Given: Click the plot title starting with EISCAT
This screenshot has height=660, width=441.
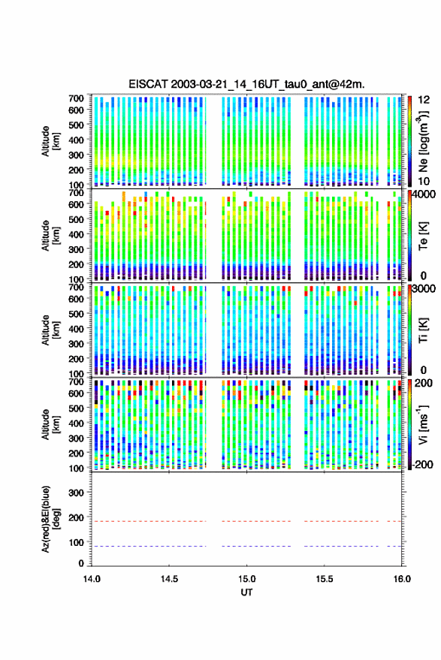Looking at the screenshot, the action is (247, 84).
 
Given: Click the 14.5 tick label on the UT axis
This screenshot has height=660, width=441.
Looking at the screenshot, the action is (169, 579).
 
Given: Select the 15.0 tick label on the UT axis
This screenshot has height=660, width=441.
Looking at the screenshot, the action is (247, 579).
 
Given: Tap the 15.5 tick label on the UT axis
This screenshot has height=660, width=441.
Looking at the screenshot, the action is (325, 579).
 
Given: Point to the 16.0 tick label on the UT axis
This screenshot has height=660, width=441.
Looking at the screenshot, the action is (402, 579).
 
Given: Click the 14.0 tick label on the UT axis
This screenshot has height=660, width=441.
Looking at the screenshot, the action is (92, 579).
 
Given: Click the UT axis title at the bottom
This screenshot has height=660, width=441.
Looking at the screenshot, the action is (247, 592).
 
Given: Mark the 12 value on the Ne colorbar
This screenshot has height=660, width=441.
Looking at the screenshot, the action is (424, 100).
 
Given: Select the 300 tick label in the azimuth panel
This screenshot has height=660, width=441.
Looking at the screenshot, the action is (76, 493).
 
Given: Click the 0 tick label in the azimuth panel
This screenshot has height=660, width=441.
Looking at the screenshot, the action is (81, 563).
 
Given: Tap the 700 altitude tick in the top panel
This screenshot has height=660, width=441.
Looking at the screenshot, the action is (76, 98).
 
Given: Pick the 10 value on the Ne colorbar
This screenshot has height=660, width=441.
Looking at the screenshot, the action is (424, 182).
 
